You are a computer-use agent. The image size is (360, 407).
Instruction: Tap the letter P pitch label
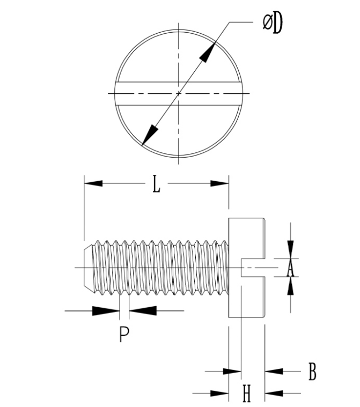[124, 335]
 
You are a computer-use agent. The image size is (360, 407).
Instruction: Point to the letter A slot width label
[290, 268]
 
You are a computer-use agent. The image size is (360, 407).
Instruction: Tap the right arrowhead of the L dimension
[219, 183]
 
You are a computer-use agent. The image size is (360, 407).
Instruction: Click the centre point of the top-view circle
[179, 93]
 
